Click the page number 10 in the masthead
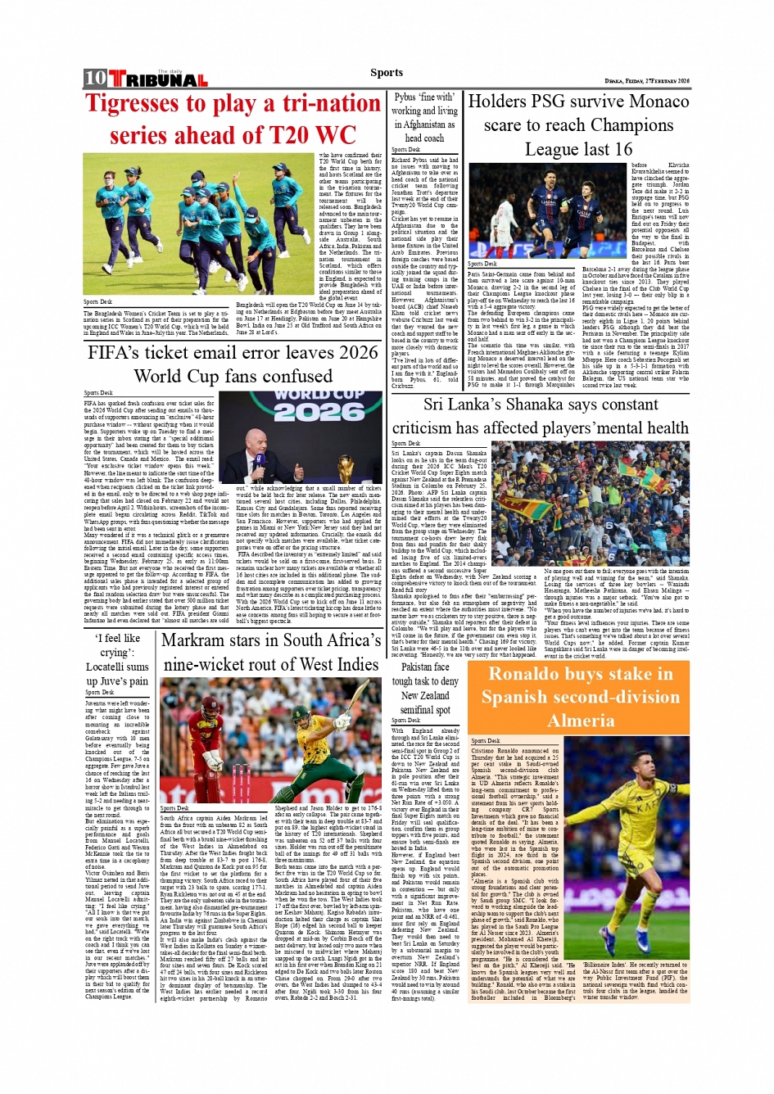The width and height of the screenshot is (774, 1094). pos(95,78)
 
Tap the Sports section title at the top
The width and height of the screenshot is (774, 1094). pos(386,73)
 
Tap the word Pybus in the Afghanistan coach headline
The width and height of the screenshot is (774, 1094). pos(405,97)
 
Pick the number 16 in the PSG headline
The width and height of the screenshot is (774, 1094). pos(622,149)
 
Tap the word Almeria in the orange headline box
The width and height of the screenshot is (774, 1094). pos(581,721)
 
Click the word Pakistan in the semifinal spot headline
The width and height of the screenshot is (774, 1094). pos(425,667)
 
